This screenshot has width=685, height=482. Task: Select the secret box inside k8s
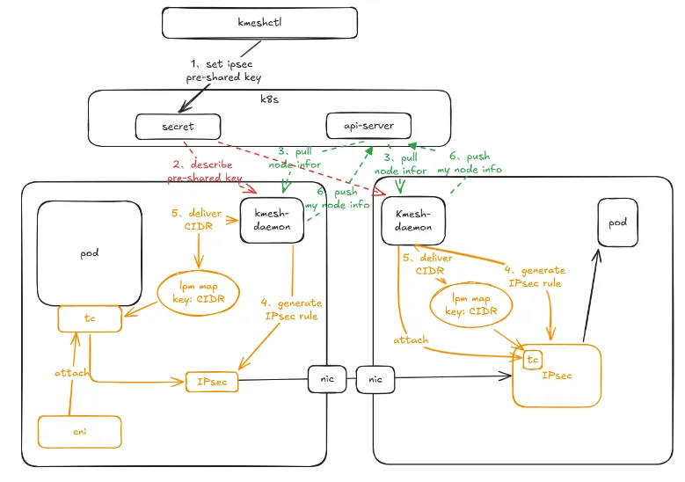[178, 127]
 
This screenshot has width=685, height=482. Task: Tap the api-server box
[368, 126]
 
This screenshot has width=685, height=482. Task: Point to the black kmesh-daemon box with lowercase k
[273, 221]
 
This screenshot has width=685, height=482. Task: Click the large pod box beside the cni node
[90, 252]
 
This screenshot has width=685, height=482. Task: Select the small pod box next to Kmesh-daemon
[617, 223]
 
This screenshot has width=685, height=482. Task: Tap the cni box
[79, 431]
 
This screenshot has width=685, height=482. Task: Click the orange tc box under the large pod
[90, 318]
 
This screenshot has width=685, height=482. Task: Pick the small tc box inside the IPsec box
[532, 360]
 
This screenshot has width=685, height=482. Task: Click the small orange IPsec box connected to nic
[212, 382]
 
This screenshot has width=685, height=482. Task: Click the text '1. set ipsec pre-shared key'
[225, 71]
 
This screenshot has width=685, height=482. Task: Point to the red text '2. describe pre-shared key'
[205, 171]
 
